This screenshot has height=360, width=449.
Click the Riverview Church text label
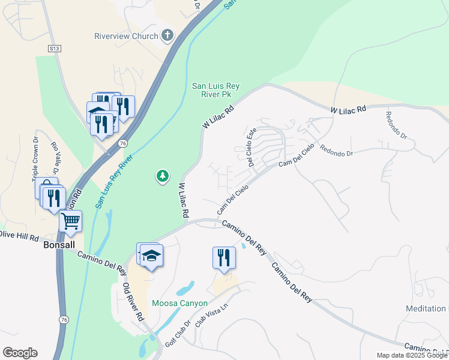tap(126, 36)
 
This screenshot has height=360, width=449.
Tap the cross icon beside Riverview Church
tap(167, 36)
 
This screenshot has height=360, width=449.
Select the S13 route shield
tap(55, 47)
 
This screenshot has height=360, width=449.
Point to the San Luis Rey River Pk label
tap(215, 90)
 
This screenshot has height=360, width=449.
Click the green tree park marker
tap(161, 176)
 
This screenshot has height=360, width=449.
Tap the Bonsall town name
tap(58, 245)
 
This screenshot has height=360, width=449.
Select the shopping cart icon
tap(71, 221)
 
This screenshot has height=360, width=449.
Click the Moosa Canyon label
tap(179, 303)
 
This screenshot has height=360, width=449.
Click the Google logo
tap(20, 353)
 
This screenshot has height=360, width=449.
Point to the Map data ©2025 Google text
tap(412, 355)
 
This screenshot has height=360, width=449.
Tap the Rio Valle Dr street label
tap(55, 158)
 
